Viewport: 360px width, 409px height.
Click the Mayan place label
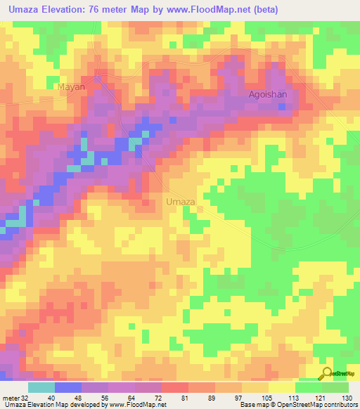pos(70,87)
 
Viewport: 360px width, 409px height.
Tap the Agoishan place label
pos(268,93)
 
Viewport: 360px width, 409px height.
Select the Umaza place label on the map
pos(180,202)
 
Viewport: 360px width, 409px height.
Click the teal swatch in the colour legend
pos(41,387)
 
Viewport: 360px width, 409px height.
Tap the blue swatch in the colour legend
pos(67,387)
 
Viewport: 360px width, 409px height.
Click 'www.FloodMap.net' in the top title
pos(215,10)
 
